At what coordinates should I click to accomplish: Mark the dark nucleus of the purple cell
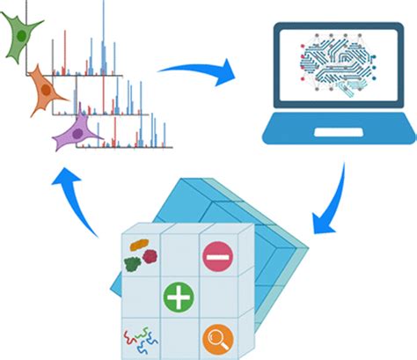(77, 134)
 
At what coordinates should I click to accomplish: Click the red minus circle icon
(216, 257)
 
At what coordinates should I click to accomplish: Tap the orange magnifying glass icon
(216, 338)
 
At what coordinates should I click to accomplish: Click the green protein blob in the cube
(133, 261)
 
